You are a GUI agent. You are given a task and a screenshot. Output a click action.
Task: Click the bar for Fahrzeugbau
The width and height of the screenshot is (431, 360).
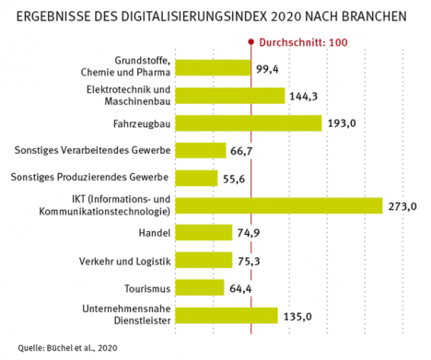(249, 123)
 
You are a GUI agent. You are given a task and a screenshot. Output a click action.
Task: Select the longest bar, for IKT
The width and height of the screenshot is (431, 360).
(279, 205)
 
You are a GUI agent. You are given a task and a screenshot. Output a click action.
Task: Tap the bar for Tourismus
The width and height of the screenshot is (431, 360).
(200, 287)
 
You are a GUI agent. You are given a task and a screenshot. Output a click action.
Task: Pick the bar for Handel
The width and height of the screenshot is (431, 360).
(204, 233)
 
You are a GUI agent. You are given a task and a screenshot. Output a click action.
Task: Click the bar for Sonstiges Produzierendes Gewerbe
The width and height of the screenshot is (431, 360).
(196, 178)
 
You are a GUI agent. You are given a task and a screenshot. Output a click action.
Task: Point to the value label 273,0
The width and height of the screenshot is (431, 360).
(402, 206)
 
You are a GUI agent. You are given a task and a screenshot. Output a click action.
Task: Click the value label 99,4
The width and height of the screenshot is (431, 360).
(267, 69)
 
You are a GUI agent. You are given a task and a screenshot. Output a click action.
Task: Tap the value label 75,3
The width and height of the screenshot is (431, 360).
(249, 261)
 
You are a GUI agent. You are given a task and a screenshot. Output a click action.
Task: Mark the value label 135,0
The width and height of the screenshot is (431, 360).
(297, 317)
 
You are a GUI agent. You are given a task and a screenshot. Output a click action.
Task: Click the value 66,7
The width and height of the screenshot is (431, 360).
(241, 151)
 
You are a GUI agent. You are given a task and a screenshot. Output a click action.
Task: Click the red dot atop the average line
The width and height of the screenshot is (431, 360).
(251, 41)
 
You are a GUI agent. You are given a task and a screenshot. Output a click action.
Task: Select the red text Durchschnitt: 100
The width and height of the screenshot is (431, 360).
(303, 42)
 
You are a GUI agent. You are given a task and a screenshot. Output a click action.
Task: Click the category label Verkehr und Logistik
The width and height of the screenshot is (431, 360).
(124, 261)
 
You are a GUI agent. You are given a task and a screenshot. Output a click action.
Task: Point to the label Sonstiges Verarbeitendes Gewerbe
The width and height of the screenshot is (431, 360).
(92, 150)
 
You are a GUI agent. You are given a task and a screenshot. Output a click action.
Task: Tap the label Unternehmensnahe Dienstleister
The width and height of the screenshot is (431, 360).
(126, 315)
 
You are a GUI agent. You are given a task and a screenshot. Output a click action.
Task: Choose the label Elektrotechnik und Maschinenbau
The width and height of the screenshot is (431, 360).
(128, 95)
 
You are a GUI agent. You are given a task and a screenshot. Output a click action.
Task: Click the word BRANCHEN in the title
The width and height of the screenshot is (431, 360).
(374, 17)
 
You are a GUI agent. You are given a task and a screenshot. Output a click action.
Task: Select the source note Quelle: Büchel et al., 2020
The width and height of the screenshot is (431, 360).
(67, 348)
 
